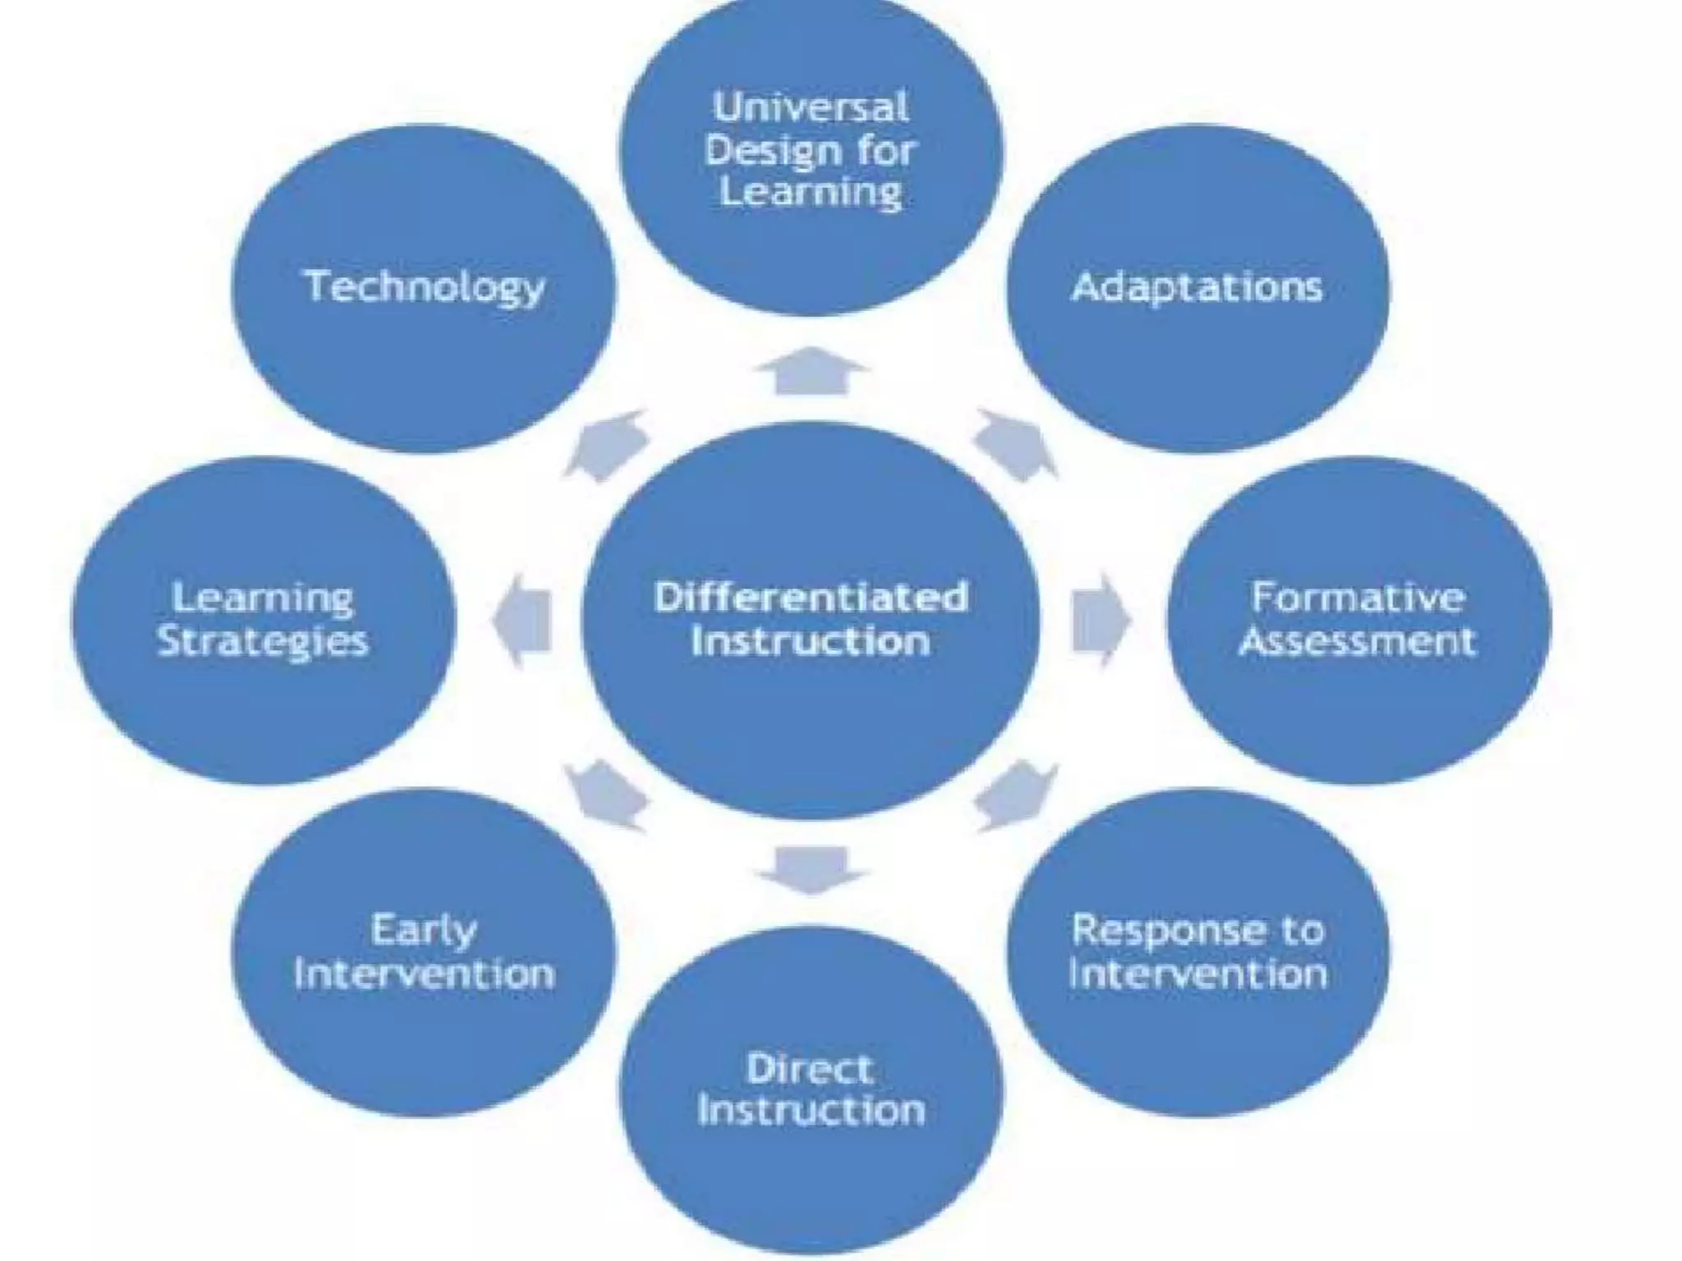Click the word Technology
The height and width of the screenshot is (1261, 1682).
[x=425, y=287]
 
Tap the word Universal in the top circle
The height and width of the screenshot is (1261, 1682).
[x=811, y=108]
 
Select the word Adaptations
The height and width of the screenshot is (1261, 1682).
[x=1197, y=287]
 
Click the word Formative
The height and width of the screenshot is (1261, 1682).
[x=1358, y=597]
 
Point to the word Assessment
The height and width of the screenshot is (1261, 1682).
[x=1358, y=640]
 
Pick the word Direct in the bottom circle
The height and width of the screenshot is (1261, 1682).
[x=810, y=1068]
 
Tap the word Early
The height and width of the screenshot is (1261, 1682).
[x=424, y=931]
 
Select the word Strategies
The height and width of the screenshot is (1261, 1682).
[x=264, y=641]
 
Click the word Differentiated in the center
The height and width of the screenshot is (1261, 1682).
[x=811, y=597]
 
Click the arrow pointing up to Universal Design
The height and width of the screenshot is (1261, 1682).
[x=811, y=371]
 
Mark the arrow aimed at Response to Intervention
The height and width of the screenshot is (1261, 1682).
[x=1016, y=795]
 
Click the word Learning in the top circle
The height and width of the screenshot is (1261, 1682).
[x=811, y=193]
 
